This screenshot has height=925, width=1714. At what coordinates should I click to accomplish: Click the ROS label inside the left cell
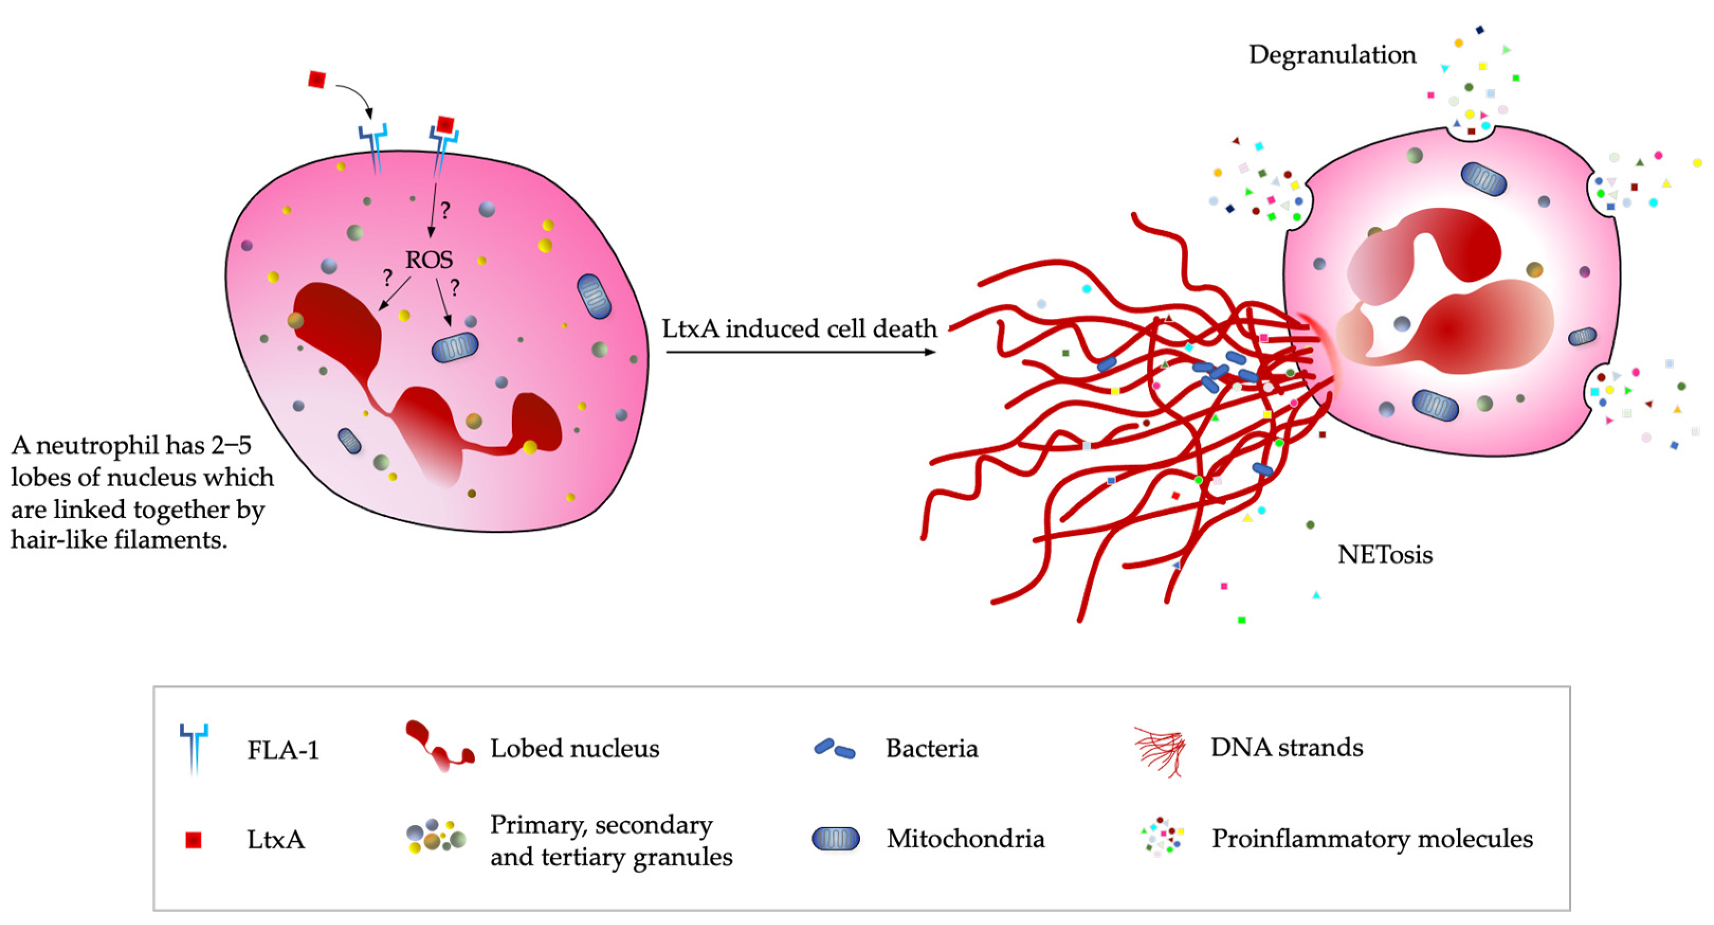pos(429,260)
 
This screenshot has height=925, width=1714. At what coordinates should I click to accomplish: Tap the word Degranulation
pos(1332,54)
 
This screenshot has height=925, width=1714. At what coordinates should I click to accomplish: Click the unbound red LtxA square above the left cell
pos(317,80)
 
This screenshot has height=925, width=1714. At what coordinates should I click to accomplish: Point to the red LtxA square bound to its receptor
pos(445,124)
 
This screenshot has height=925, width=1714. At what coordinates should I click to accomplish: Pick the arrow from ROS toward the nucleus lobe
pos(394,294)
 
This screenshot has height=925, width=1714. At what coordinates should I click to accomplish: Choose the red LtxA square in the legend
pos(193,840)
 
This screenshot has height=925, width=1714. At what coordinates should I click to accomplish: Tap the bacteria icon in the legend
pos(834,749)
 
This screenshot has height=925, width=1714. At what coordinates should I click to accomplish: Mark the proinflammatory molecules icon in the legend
pos(1162,837)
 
